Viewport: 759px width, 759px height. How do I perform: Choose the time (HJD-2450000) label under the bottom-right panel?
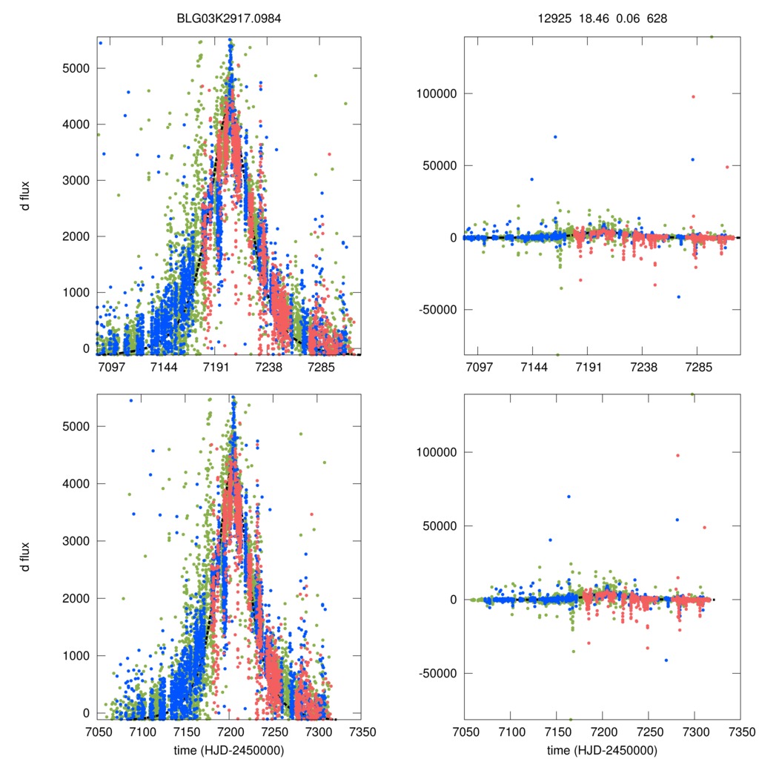click(601, 749)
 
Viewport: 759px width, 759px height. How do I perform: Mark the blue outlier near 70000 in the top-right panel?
click(555, 136)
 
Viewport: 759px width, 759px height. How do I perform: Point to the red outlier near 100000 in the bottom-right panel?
click(677, 455)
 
